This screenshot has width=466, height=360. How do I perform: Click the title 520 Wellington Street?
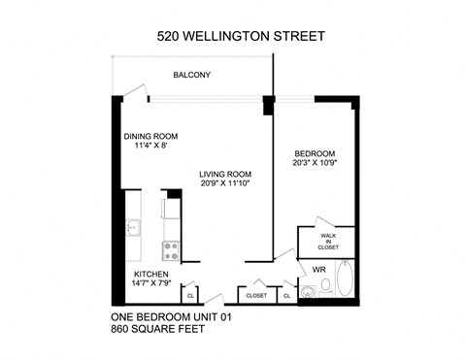(241, 37)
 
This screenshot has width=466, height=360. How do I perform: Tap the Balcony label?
(191, 75)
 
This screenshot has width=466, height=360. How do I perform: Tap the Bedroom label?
(316, 154)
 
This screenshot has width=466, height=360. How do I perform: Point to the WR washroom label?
(319, 268)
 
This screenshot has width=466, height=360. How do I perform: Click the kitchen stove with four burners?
(170, 250)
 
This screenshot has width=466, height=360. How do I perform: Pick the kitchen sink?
(134, 229)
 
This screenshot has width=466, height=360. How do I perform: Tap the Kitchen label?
(151, 275)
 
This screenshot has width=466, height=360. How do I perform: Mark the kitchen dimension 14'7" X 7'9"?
(151, 285)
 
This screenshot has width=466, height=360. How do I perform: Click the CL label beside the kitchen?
(189, 295)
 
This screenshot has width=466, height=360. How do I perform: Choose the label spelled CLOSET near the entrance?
(256, 295)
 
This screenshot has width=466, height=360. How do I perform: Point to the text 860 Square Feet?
(160, 330)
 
